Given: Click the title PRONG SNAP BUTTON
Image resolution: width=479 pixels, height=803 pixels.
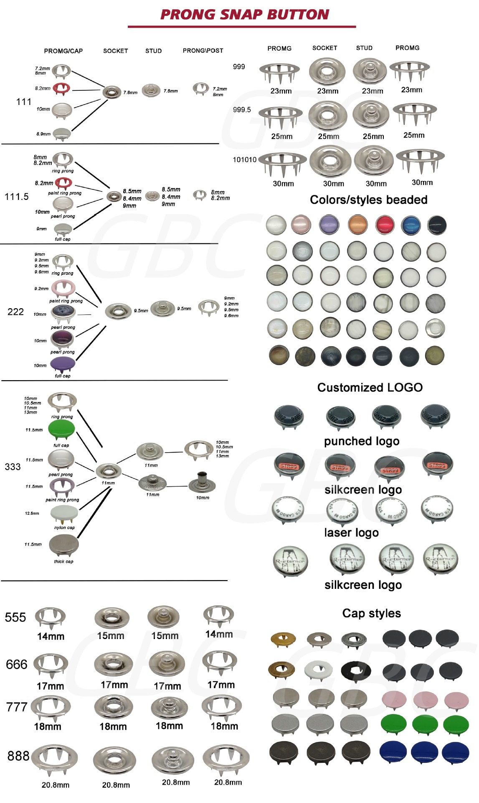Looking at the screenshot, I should (245, 15).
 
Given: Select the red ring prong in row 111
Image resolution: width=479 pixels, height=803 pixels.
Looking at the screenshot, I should (62, 88).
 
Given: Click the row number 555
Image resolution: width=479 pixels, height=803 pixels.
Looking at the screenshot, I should (15, 617).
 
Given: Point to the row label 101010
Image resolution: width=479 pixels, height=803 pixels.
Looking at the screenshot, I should (244, 160).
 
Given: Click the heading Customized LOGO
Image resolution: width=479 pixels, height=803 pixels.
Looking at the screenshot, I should (370, 387).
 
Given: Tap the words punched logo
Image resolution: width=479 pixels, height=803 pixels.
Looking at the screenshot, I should (361, 441).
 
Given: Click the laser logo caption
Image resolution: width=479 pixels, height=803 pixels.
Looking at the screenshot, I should (351, 532).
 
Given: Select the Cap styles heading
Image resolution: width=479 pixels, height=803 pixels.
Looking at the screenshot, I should (371, 613).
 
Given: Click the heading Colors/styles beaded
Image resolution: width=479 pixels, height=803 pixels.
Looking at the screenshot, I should (368, 199).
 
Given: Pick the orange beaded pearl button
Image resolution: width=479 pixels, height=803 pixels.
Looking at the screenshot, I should (357, 225).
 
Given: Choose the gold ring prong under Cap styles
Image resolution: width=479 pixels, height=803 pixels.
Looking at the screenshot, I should (283, 639).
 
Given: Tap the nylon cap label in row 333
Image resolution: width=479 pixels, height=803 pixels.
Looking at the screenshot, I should (64, 527).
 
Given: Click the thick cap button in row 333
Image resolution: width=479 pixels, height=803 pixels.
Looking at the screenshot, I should (63, 546).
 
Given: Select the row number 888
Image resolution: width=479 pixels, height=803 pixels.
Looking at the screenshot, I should (18, 756).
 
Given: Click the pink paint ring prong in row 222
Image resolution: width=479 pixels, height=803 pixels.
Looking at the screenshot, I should (63, 288).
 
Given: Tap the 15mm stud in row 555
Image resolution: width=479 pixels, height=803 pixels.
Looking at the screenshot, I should (164, 617).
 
